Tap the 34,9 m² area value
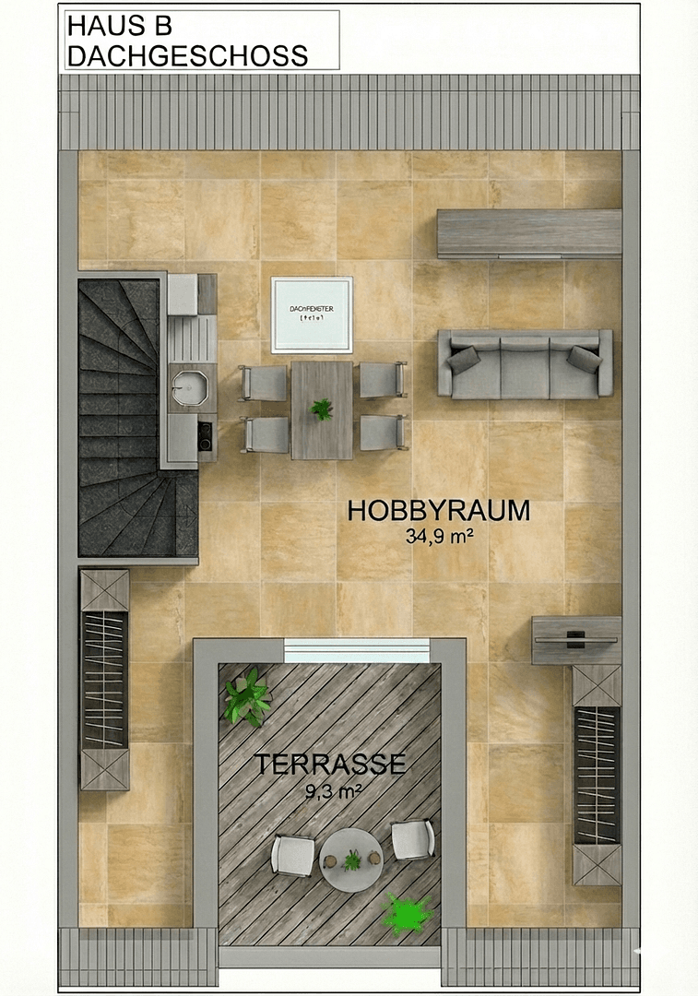(439, 537)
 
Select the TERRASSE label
(330, 765)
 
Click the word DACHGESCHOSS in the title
(187, 55)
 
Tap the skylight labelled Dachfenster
(312, 314)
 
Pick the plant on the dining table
(322, 409)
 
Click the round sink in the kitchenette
(190, 387)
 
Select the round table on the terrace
(350, 860)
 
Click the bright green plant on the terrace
(407, 914)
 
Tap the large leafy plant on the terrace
(246, 698)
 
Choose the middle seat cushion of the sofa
(524, 366)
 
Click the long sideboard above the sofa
(528, 233)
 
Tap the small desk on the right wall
(576, 639)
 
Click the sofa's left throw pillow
(465, 359)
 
